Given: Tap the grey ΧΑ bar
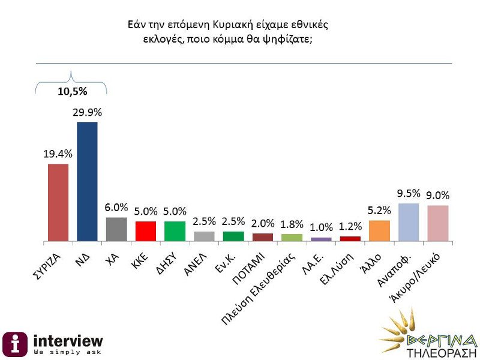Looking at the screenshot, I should [x=116, y=229].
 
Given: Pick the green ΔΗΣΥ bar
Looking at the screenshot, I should [x=175, y=231].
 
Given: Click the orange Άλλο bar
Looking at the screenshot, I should [x=379, y=230].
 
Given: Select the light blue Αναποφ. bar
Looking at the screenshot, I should [x=408, y=222].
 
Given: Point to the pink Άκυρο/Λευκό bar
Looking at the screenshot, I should [x=437, y=223].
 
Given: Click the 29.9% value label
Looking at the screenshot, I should [x=88, y=112].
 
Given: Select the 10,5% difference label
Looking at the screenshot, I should [x=72, y=92].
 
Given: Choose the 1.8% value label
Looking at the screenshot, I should [x=292, y=224].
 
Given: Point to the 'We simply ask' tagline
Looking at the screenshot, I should [x=67, y=351].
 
